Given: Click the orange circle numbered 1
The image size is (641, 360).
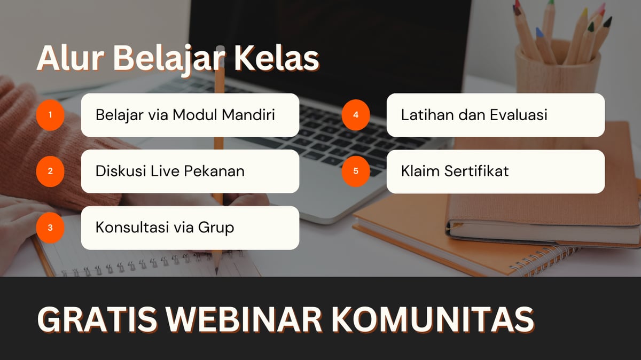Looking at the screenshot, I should [50, 115].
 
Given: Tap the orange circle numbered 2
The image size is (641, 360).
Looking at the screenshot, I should [50, 171].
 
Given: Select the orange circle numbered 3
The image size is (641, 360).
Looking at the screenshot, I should [50, 228].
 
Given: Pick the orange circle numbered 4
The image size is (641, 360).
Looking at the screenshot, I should [356, 115].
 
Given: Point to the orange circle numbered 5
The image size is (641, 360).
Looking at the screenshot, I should [356, 171].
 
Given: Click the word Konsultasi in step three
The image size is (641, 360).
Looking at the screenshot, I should [132, 228].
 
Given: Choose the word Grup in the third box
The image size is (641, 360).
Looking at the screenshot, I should [216, 228].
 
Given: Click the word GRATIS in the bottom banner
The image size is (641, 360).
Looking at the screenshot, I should [97, 319].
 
